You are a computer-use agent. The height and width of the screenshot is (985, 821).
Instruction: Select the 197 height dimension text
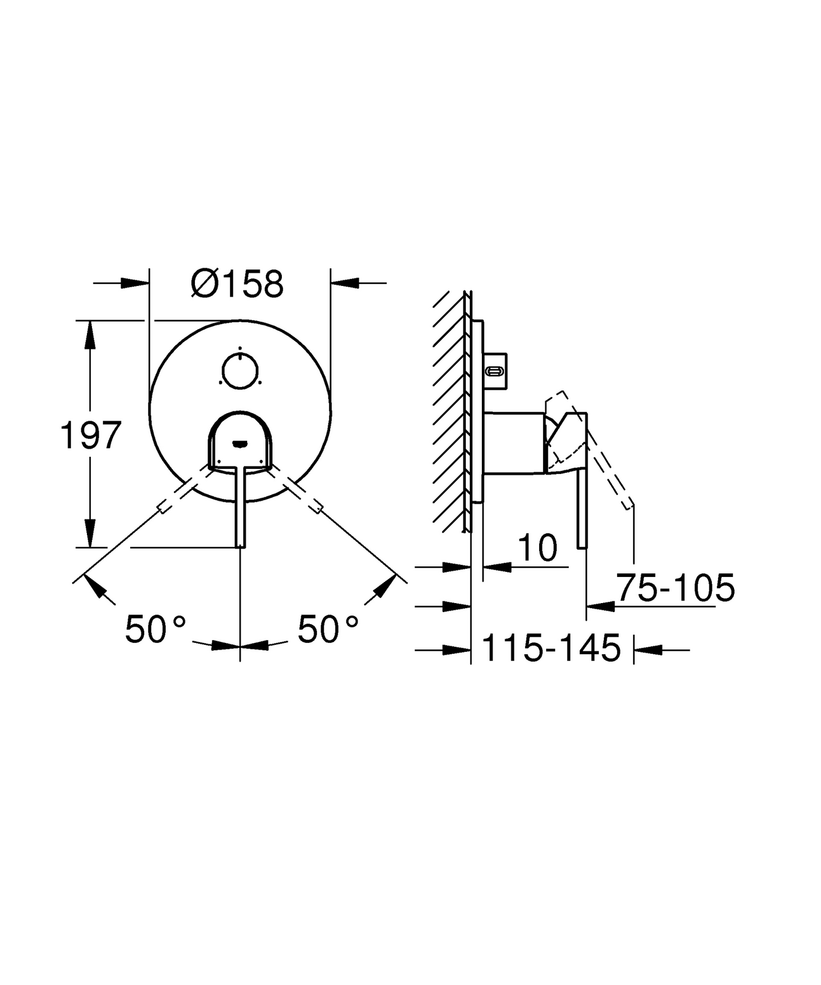(91, 436)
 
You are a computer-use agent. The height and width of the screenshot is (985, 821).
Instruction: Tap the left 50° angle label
(155, 629)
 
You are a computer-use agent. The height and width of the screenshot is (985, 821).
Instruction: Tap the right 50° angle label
(328, 629)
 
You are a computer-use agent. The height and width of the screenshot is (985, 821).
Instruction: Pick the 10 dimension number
(537, 548)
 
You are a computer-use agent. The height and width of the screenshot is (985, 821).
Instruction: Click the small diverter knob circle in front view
(240, 371)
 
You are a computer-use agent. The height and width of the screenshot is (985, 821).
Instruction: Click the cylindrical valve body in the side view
(513, 442)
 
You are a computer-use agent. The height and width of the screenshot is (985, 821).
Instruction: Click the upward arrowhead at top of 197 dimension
(89, 335)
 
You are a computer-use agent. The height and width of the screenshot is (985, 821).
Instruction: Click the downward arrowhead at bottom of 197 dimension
(89, 533)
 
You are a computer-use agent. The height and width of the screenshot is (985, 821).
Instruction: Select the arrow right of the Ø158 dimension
(345, 282)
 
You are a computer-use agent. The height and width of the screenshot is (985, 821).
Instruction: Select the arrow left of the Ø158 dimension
(134, 282)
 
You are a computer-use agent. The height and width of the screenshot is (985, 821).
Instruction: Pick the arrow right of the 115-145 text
(648, 649)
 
